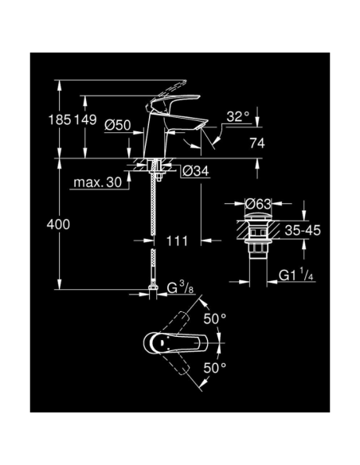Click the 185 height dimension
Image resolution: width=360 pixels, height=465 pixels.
(60, 120)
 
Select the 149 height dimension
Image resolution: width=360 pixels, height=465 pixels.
(85, 120)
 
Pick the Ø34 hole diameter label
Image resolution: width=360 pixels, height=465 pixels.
(195, 171)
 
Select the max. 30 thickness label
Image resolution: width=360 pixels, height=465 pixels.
(96, 182)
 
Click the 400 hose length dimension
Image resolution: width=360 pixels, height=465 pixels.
(58, 225)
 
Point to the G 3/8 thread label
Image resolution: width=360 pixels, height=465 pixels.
(182, 287)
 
